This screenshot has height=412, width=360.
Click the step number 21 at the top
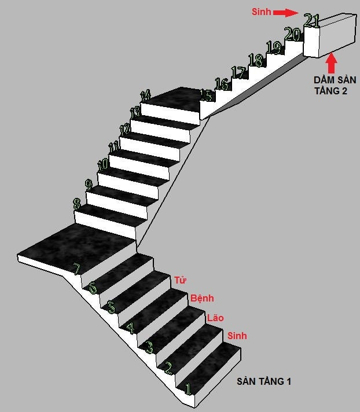pos(311,20)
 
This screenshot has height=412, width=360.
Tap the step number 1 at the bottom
pos(188,389)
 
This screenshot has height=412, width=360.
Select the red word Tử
pos(180,280)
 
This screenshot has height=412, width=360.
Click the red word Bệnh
pos(202,298)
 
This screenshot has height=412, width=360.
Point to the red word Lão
pos(215,318)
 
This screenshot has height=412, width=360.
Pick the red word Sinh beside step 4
pos(237,336)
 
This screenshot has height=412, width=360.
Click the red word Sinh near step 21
pos(261,12)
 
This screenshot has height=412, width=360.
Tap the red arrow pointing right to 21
pos(286,12)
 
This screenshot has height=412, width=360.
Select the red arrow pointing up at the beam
pos(332,63)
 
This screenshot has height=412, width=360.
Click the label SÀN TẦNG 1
pos(264,381)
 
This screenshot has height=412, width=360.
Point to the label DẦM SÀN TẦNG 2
pos(335,86)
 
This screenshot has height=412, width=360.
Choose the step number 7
pos(77,269)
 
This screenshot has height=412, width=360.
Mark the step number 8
pos(77,204)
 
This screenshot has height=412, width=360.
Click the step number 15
pos(206,95)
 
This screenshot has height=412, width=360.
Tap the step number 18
pos(256,60)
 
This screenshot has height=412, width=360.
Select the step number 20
pos(293,34)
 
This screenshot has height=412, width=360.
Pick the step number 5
pos(112,307)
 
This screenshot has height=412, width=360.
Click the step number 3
pos(149,347)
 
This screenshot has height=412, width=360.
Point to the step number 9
pos(89,185)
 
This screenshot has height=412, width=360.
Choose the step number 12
pos(125,129)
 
